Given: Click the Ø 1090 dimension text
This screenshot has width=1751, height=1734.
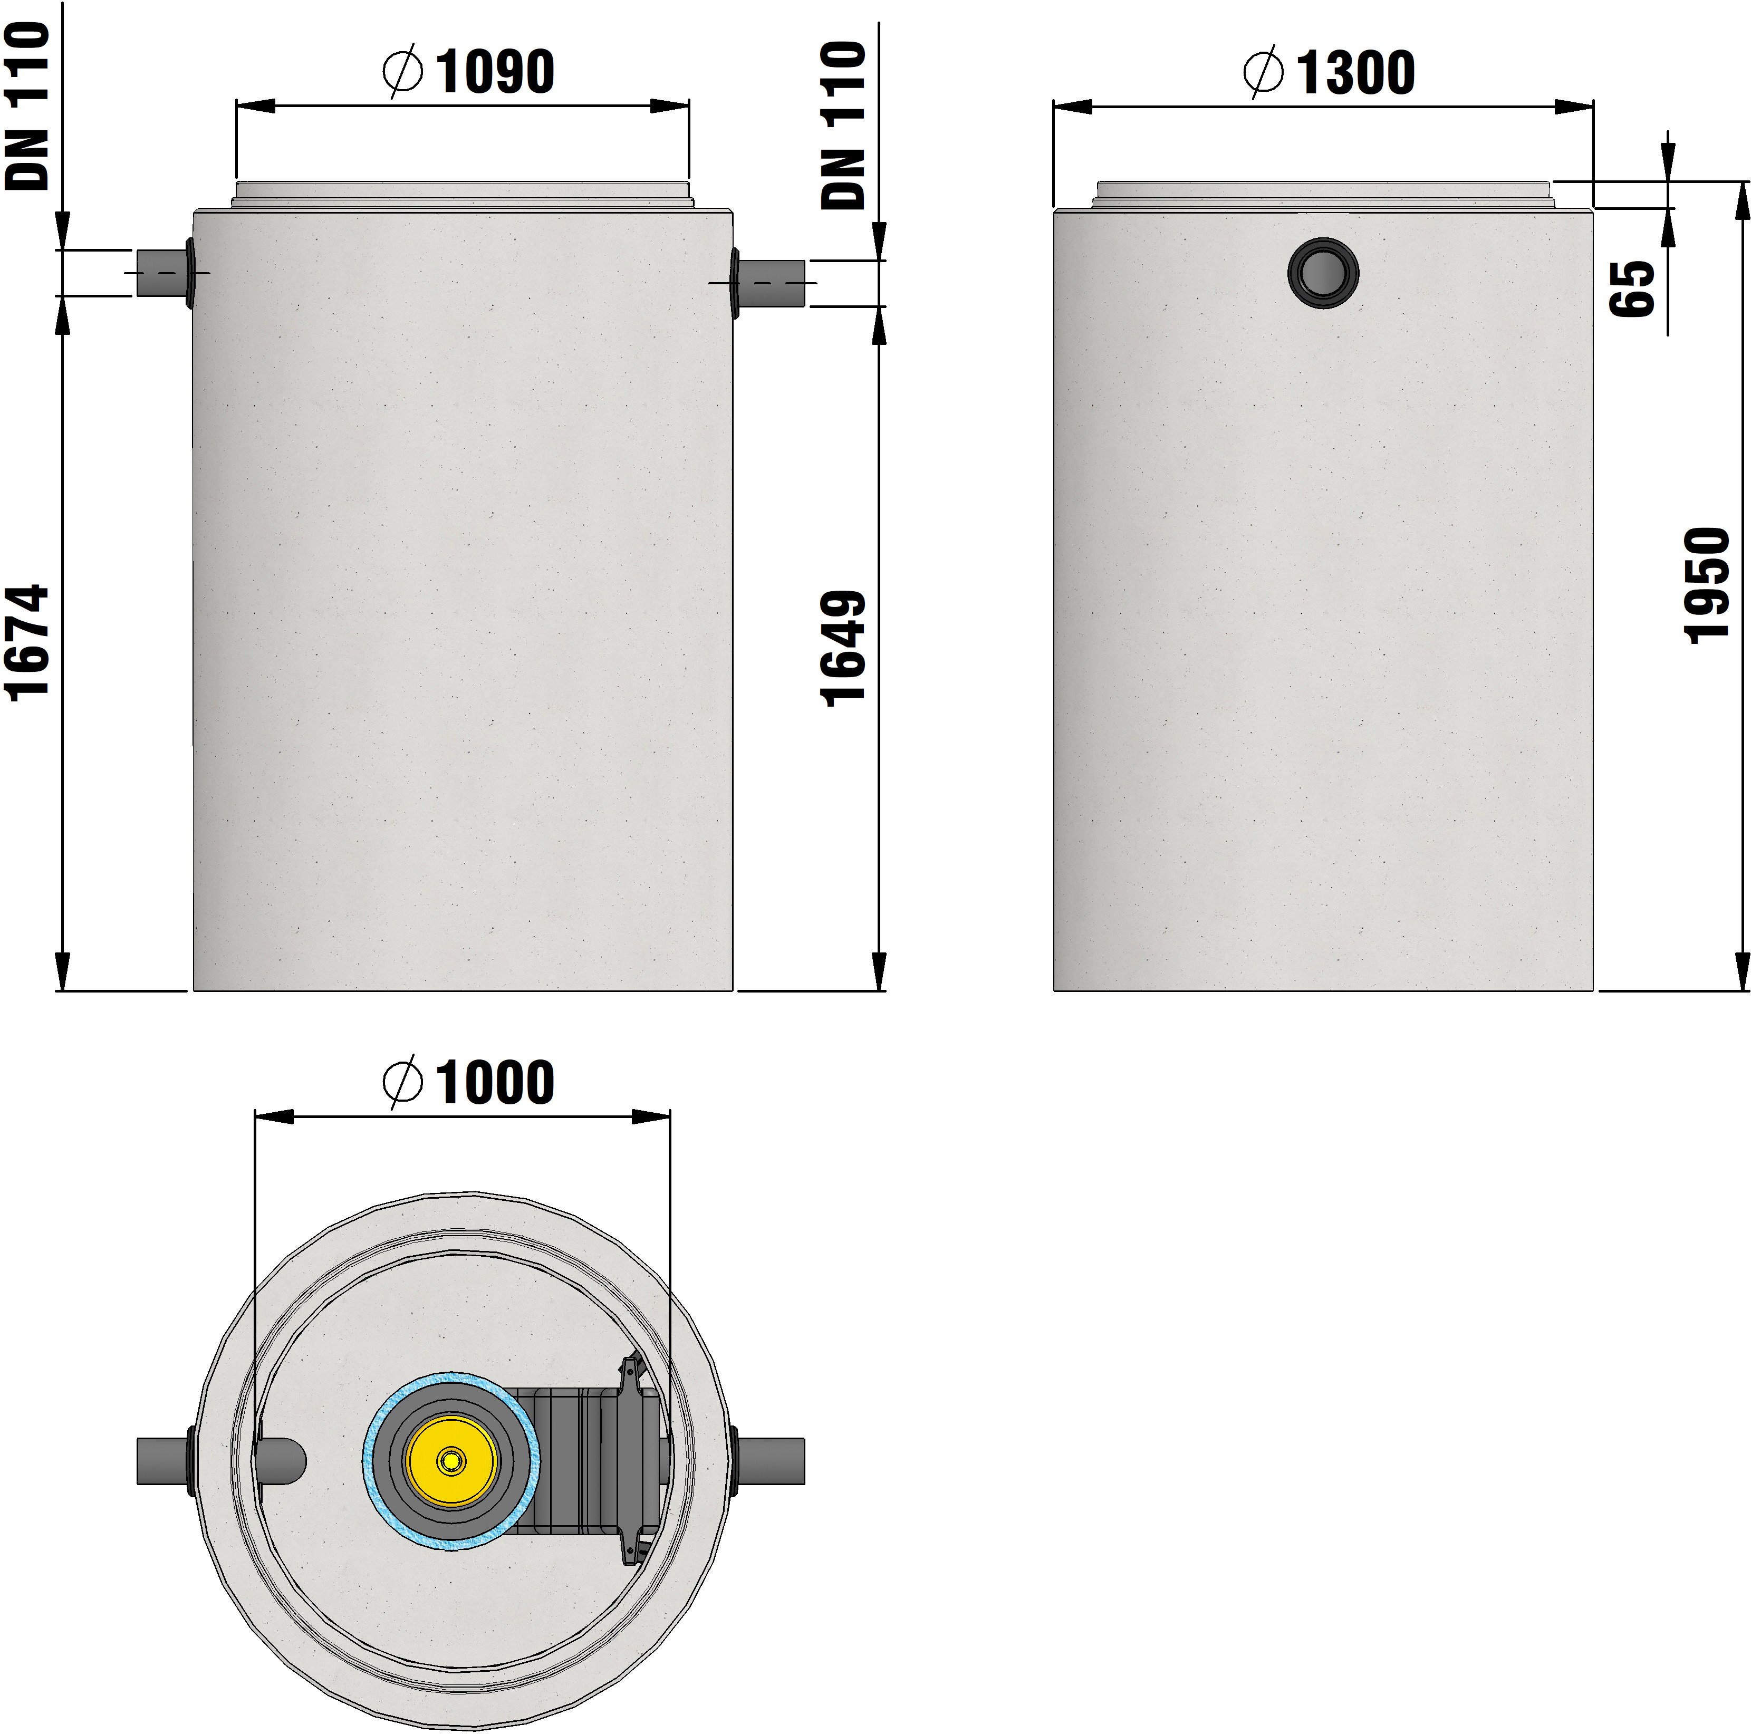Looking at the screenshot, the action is (468, 72).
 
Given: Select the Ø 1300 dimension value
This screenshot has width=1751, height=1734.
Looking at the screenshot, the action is (1329, 72).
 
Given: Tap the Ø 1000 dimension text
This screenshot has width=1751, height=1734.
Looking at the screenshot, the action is (468, 1082).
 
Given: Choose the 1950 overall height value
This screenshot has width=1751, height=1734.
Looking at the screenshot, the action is (1708, 585).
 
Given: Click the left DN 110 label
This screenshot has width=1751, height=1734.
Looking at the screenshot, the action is (27, 106).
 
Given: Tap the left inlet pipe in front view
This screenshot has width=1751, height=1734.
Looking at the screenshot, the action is (161, 273).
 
